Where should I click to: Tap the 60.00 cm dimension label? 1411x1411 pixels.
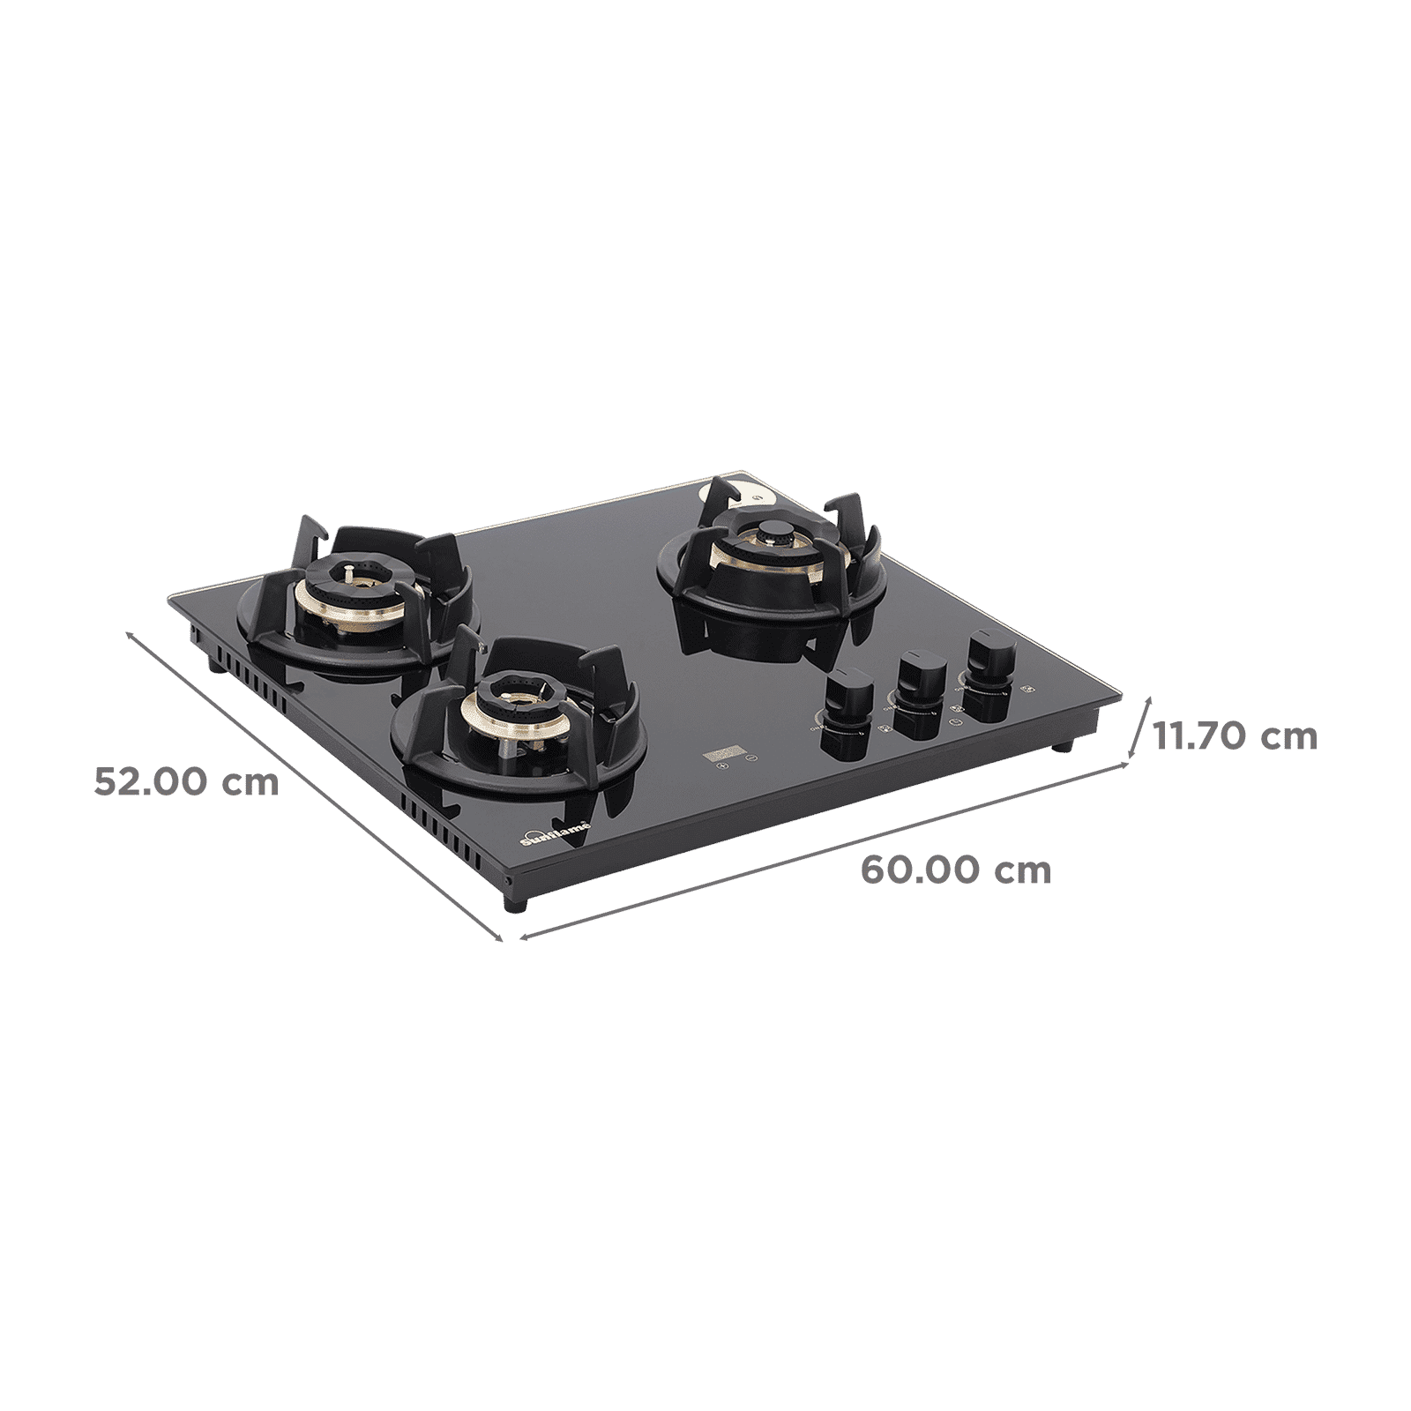point(956,870)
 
